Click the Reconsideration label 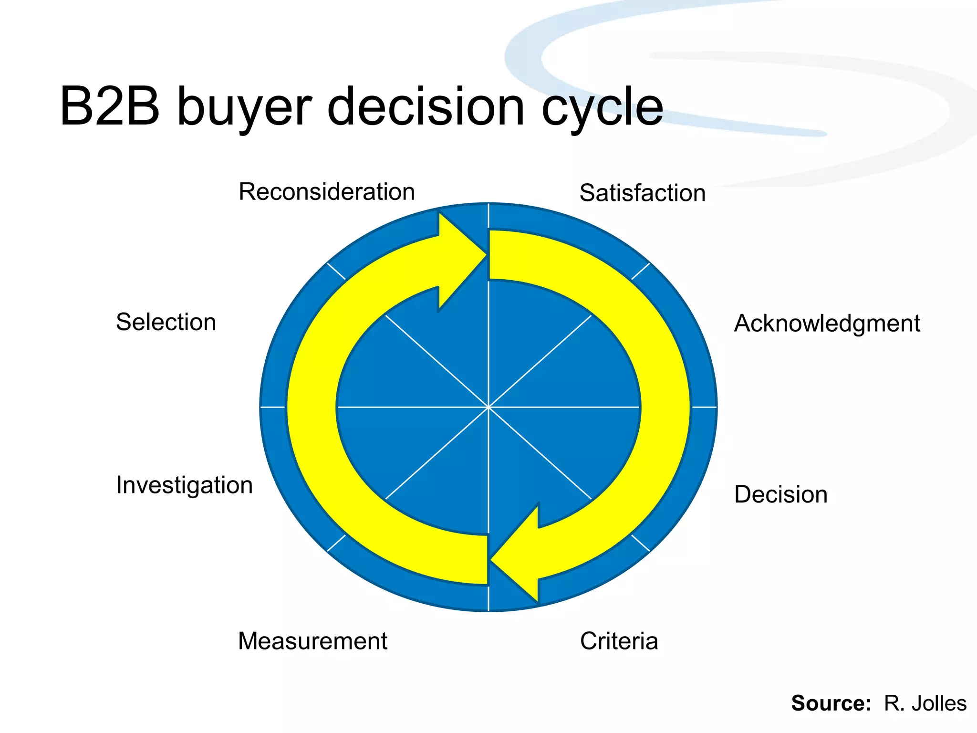(x=326, y=192)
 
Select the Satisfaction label (x=642, y=193)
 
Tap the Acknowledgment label (x=827, y=324)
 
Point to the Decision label (x=780, y=494)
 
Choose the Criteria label (x=619, y=641)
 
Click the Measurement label (x=312, y=641)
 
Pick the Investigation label (x=184, y=485)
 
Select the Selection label (x=166, y=322)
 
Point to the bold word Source (x=831, y=703)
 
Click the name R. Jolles (x=925, y=703)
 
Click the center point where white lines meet (x=488, y=407)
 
